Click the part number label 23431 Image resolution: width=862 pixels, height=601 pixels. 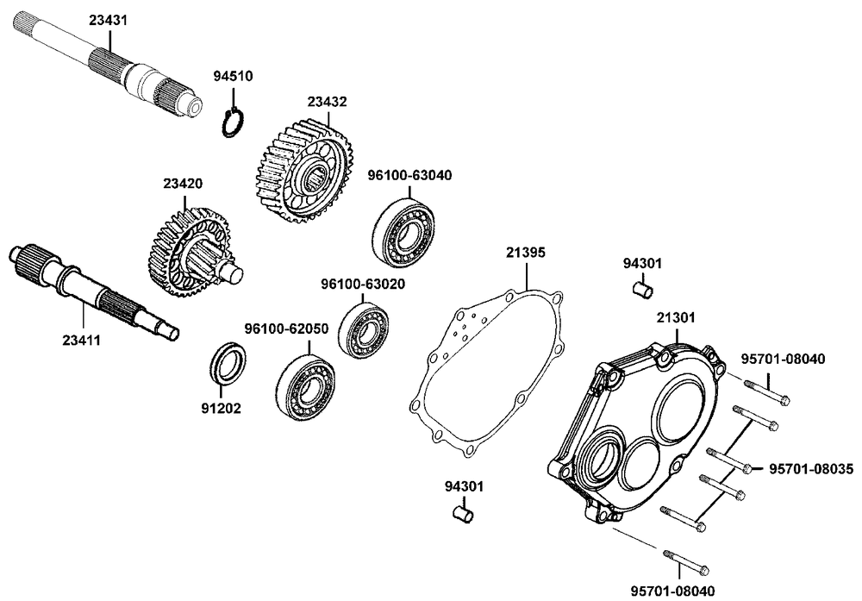pos(108,19)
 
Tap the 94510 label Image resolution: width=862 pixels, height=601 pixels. pos(233,76)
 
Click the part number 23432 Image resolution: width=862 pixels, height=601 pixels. pos(327,102)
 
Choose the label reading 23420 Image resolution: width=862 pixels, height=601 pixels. pos(183,183)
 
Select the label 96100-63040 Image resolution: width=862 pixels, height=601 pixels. pos(409,175)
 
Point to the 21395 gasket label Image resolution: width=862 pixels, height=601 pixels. pos(525,253)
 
